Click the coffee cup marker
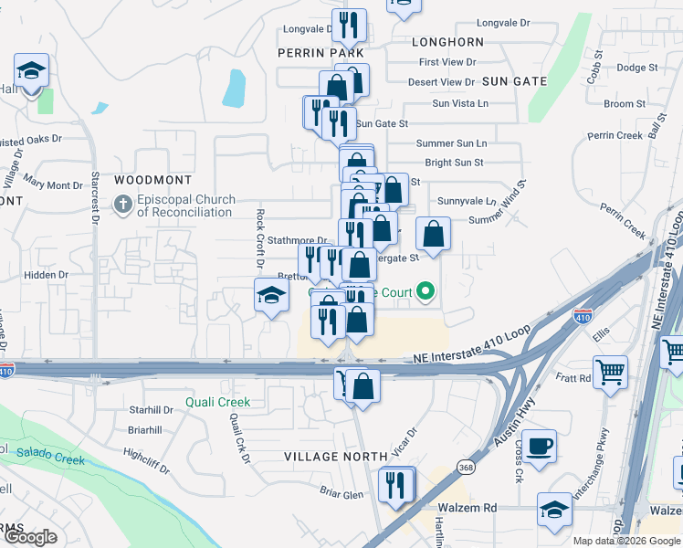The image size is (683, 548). tap(538, 446)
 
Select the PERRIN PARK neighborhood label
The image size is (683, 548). tap(321, 54)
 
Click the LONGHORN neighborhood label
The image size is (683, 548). tap(447, 42)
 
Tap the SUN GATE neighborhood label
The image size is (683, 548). tap(514, 81)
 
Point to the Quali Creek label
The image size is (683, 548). tap(217, 402)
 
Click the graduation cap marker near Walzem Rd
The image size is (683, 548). tap(554, 510)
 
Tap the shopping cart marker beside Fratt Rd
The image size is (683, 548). tap(610, 372)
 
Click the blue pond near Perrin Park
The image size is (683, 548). tap(235, 89)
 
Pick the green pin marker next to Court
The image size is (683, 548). tap(425, 293)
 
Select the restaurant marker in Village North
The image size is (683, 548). tap(395, 483)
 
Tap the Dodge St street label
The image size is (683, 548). tap(637, 68)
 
